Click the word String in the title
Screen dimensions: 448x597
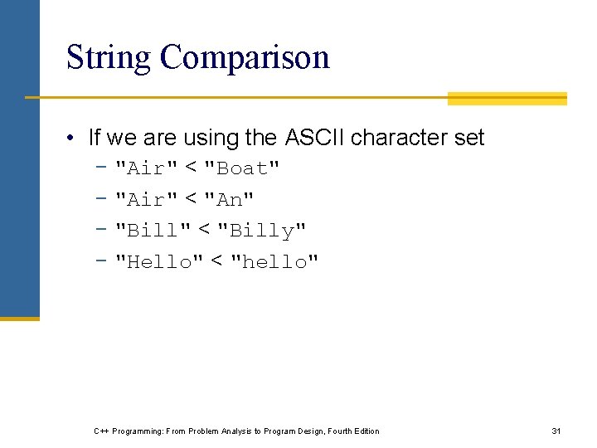pyautogui.click(x=109, y=58)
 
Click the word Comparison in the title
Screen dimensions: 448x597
pyautogui.click(x=245, y=58)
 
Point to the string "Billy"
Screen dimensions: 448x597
pyautogui.click(x=261, y=231)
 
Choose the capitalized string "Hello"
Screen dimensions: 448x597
pyautogui.click(x=158, y=262)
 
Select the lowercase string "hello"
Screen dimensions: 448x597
pyautogui.click(x=274, y=262)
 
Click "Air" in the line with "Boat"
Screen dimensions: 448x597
pyautogui.click(x=146, y=168)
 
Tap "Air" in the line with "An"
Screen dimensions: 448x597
pyautogui.click(x=146, y=200)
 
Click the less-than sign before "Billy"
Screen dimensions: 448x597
pyautogui.click(x=203, y=230)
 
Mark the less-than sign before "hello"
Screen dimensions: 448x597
pyautogui.click(x=216, y=261)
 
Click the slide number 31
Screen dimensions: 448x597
pyautogui.click(x=556, y=431)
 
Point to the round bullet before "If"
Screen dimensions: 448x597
pyautogui.click(x=74, y=138)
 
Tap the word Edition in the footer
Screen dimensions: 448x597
pyautogui.click(x=364, y=431)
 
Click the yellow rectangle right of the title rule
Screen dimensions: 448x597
pyautogui.click(x=507, y=99)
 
